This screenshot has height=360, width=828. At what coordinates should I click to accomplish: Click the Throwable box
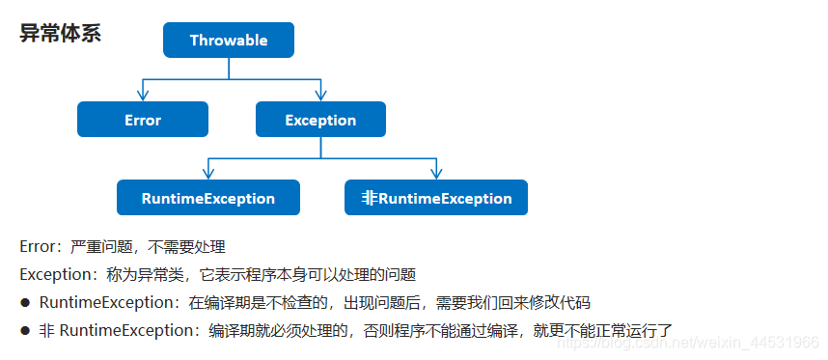[x=229, y=41]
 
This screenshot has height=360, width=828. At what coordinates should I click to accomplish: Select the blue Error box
[x=143, y=120]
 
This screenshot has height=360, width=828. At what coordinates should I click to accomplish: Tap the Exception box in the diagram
[x=320, y=120]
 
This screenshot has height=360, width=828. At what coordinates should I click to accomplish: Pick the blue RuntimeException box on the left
[x=208, y=198]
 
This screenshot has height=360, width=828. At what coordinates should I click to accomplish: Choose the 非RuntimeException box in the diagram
[x=436, y=198]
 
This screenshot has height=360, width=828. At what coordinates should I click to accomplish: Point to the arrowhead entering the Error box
[x=143, y=96]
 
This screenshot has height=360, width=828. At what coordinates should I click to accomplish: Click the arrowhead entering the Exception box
[x=321, y=96]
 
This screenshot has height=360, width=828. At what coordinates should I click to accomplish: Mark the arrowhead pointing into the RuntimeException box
[x=208, y=174]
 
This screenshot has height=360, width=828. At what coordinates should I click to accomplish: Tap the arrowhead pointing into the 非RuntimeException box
[x=436, y=174]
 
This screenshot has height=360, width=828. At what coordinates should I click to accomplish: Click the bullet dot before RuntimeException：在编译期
[x=25, y=303]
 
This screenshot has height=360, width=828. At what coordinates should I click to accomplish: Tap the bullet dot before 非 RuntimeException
[x=25, y=331]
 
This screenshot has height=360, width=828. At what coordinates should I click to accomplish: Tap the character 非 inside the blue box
[x=370, y=198]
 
